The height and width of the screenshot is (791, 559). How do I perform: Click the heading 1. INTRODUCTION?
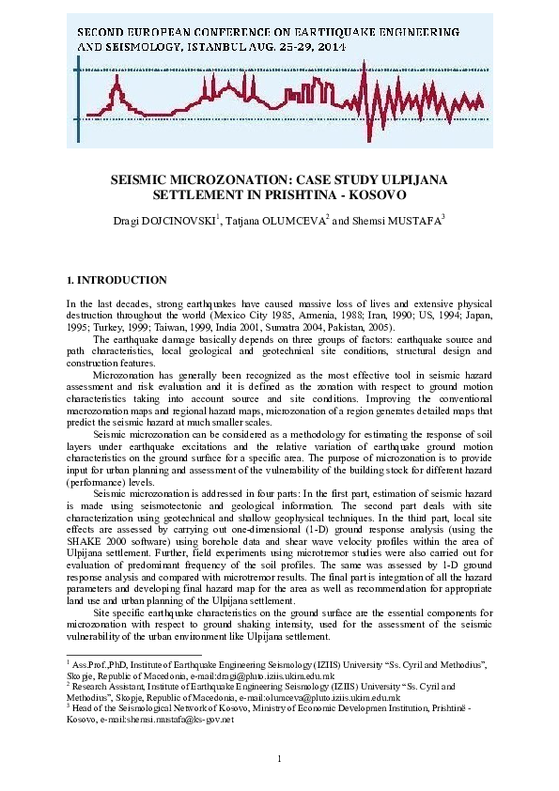(116, 280)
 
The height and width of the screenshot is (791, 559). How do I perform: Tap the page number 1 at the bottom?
(279, 758)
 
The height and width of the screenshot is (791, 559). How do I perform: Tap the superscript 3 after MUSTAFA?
(443, 216)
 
